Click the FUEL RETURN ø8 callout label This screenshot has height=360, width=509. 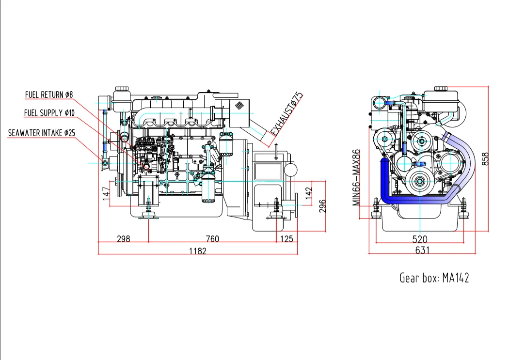coord(49,95)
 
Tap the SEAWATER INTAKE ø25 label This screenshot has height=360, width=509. coord(42,133)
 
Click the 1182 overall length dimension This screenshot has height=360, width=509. coord(198,250)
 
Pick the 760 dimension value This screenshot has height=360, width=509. coord(212,238)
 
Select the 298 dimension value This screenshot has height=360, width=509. coord(124,238)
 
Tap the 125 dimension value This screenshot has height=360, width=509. coord(287,238)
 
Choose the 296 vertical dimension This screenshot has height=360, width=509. coord(322,205)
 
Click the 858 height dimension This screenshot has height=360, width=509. coord(485,158)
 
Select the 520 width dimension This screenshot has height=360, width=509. coord(420,239)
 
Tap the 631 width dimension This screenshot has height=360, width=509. coord(422,250)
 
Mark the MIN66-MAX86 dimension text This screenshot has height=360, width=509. coord(357,177)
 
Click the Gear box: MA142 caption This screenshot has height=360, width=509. coord(434,278)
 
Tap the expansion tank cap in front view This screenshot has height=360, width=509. coord(441,89)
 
